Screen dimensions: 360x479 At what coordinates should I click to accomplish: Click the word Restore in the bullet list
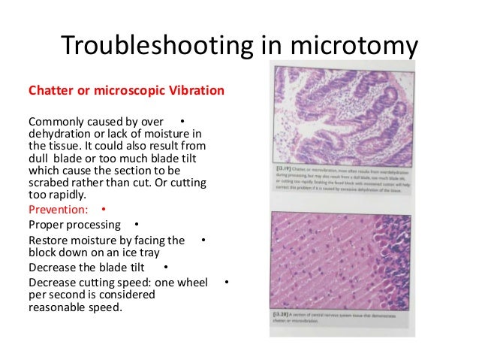tap(49, 241)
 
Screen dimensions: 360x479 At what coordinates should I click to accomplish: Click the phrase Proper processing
tap(74, 225)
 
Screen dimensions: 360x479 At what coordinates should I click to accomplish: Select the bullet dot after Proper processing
tap(135, 224)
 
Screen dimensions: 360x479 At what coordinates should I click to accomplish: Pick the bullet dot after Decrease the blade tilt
tap(164, 267)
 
